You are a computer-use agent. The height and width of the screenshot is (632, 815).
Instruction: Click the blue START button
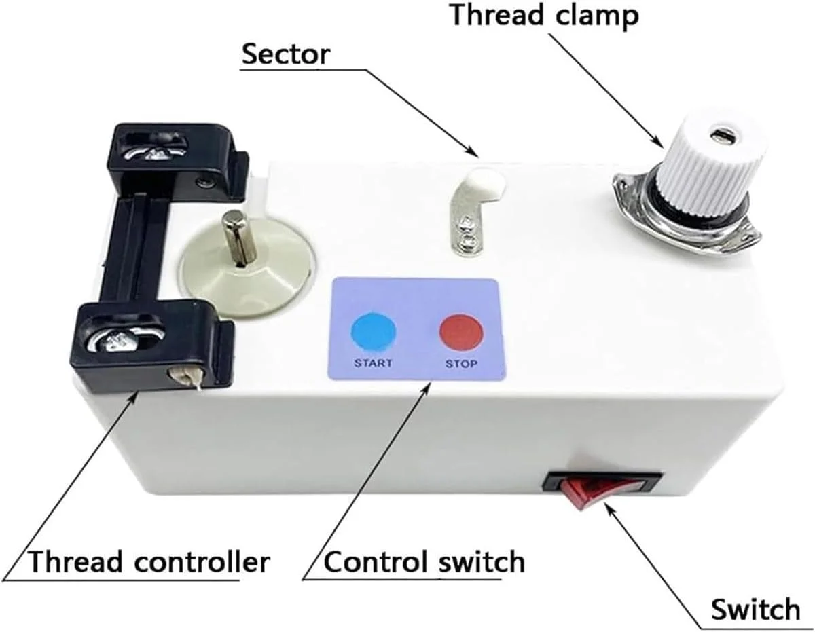click(373, 333)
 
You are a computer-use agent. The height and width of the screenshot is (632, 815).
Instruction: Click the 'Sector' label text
click(286, 54)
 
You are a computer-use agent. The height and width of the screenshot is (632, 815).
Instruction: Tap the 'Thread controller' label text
click(148, 562)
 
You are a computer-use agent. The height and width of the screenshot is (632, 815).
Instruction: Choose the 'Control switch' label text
click(424, 562)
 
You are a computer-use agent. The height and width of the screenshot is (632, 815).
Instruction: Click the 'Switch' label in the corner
click(755, 609)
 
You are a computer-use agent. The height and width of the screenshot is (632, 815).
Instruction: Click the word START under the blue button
click(373, 363)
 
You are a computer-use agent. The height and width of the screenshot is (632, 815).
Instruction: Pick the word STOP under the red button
click(461, 363)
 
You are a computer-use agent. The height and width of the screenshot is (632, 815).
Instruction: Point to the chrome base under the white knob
click(686, 217)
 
